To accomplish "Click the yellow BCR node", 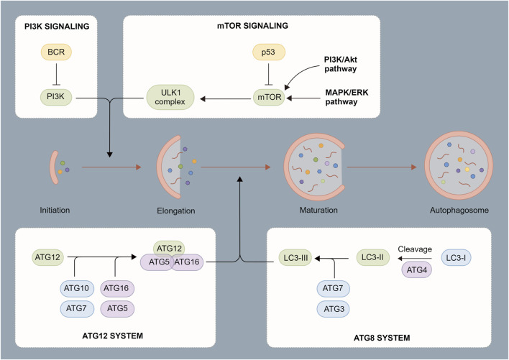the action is (x=56, y=52).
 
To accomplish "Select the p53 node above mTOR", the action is (x=269, y=52).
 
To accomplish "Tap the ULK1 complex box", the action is (x=170, y=97).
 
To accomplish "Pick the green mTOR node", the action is (x=269, y=97).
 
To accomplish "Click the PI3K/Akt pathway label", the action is (x=341, y=64).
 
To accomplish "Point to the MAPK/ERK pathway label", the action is (x=347, y=97).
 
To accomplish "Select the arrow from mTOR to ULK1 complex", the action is (x=226, y=98).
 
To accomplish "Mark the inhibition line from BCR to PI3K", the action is (x=57, y=74).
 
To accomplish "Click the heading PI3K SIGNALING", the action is (x=57, y=27).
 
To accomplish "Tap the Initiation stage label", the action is (x=55, y=210).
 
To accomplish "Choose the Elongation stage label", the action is (x=176, y=211).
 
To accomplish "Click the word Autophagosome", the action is (x=459, y=210).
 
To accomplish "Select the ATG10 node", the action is (x=77, y=288).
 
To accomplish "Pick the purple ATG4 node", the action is (x=417, y=270).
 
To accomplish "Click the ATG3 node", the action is (x=334, y=309).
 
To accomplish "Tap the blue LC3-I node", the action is (x=456, y=258).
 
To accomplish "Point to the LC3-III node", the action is (x=295, y=258).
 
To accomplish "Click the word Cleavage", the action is (x=415, y=249).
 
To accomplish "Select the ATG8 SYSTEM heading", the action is (x=382, y=338).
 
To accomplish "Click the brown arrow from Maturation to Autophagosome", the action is (x=382, y=167).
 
